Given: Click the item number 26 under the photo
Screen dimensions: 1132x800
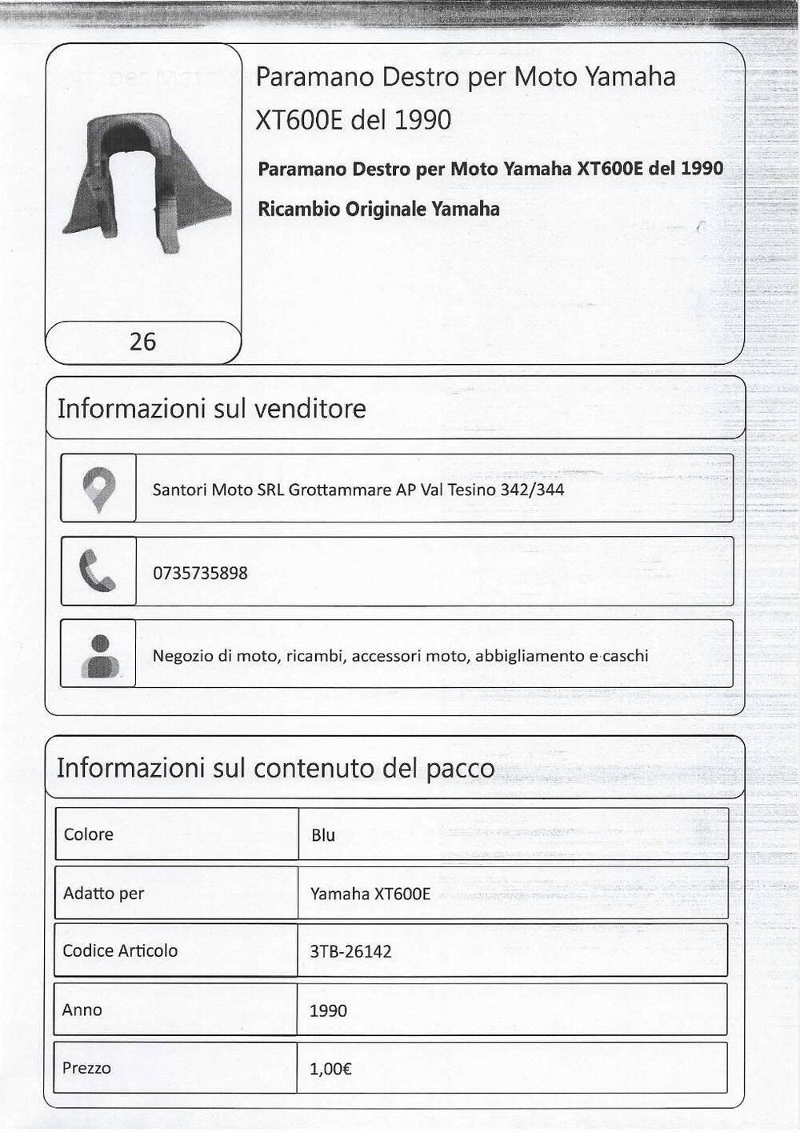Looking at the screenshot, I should pos(142,342).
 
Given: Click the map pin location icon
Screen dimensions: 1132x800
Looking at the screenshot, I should pos(99,488).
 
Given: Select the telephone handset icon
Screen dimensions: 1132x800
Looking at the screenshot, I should pos(99,571).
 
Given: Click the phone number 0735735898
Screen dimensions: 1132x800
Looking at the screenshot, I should pos(200,574).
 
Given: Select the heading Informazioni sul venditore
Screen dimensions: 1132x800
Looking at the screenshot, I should pos(211,409).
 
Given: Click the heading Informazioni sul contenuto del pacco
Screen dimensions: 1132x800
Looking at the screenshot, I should pos(275,768).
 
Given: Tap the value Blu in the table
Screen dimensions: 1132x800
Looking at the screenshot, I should pos(323,835).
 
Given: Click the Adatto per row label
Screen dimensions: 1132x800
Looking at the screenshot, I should pos(104,893).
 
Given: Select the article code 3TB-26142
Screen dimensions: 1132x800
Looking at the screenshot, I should pos(350,952).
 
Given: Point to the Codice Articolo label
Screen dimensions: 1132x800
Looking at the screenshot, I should pos(120,950).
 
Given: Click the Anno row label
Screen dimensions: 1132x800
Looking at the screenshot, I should pos(82,1010).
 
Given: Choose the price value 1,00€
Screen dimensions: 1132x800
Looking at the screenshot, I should pos(331,1069).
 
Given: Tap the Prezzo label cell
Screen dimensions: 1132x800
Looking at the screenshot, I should pos(86,1068).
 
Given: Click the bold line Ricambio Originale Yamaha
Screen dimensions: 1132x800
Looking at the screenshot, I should pos(378,210).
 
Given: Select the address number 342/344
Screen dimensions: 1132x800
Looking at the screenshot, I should pos(532,489).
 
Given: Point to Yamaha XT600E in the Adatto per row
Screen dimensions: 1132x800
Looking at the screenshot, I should pos(370,894).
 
